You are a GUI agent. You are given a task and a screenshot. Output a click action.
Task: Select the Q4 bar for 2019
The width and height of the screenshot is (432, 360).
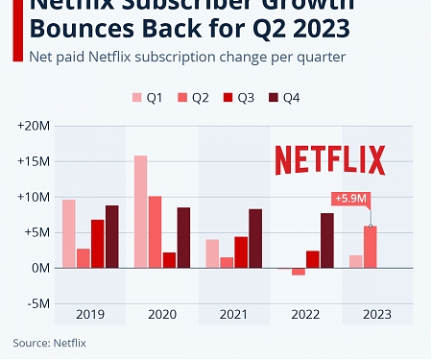(x=112, y=236)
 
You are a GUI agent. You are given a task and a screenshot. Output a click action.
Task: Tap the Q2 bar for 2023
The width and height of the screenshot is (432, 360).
(x=370, y=247)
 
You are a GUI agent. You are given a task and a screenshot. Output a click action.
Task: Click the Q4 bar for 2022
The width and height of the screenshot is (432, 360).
(x=327, y=240)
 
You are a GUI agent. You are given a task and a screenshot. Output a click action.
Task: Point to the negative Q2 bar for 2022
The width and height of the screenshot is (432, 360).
(x=299, y=272)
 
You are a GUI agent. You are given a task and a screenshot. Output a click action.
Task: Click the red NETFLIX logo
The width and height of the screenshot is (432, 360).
(x=329, y=159)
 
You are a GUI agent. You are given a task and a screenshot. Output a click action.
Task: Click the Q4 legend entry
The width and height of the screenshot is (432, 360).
(x=287, y=98)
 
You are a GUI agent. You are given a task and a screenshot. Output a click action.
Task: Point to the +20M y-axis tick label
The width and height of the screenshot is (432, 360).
(x=33, y=126)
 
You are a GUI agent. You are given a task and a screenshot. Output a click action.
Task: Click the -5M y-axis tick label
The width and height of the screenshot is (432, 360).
(x=36, y=303)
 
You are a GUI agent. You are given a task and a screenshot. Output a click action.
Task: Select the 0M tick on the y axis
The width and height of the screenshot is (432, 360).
(x=39, y=268)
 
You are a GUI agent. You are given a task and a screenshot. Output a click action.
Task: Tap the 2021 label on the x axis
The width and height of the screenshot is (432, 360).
(x=233, y=315)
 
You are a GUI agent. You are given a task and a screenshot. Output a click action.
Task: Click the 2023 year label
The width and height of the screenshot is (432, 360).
(x=376, y=315)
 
